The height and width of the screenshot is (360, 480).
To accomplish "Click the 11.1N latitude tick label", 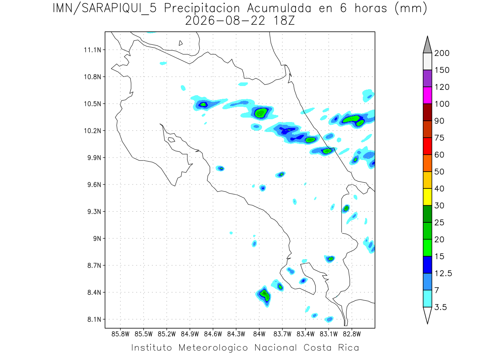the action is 92,50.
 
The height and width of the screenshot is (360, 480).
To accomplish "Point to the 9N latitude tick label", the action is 97,238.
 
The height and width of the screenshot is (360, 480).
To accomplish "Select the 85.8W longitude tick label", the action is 120,334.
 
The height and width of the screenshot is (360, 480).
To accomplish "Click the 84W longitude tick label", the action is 259,334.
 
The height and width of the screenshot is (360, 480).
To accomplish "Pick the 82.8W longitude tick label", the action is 352,334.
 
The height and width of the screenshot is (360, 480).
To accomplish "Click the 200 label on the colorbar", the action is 442,53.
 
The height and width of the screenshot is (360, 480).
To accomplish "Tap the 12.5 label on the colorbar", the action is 443,274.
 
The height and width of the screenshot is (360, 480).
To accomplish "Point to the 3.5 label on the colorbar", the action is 440,307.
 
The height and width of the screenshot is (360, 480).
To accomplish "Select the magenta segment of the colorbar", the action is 427,95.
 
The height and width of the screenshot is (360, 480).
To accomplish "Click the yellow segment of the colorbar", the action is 427,197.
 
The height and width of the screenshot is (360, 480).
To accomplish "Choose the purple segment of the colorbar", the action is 427,78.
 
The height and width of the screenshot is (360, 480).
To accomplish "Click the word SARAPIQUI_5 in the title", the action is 119,9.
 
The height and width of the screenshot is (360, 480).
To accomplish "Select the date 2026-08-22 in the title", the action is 225,21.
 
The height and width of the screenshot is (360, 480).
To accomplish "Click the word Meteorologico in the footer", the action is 213,348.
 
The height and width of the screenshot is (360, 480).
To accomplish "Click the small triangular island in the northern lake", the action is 180,43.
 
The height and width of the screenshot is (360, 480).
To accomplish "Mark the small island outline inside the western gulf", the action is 172,140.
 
